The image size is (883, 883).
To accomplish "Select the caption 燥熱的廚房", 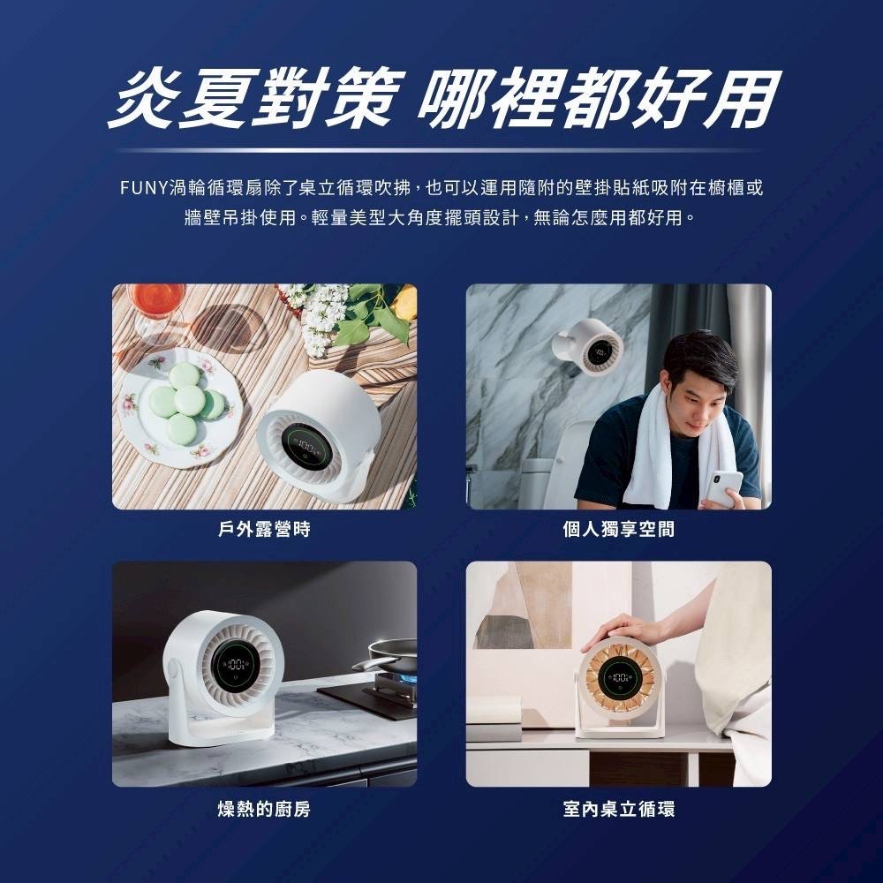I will [x=264, y=809].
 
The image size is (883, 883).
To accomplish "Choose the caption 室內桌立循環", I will [x=618, y=809].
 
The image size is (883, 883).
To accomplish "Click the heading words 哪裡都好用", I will [x=600, y=97].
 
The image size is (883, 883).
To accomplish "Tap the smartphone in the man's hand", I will [x=723, y=488].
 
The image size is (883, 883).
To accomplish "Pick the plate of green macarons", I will [x=181, y=406].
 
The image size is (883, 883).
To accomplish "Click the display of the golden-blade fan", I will [x=618, y=678].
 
